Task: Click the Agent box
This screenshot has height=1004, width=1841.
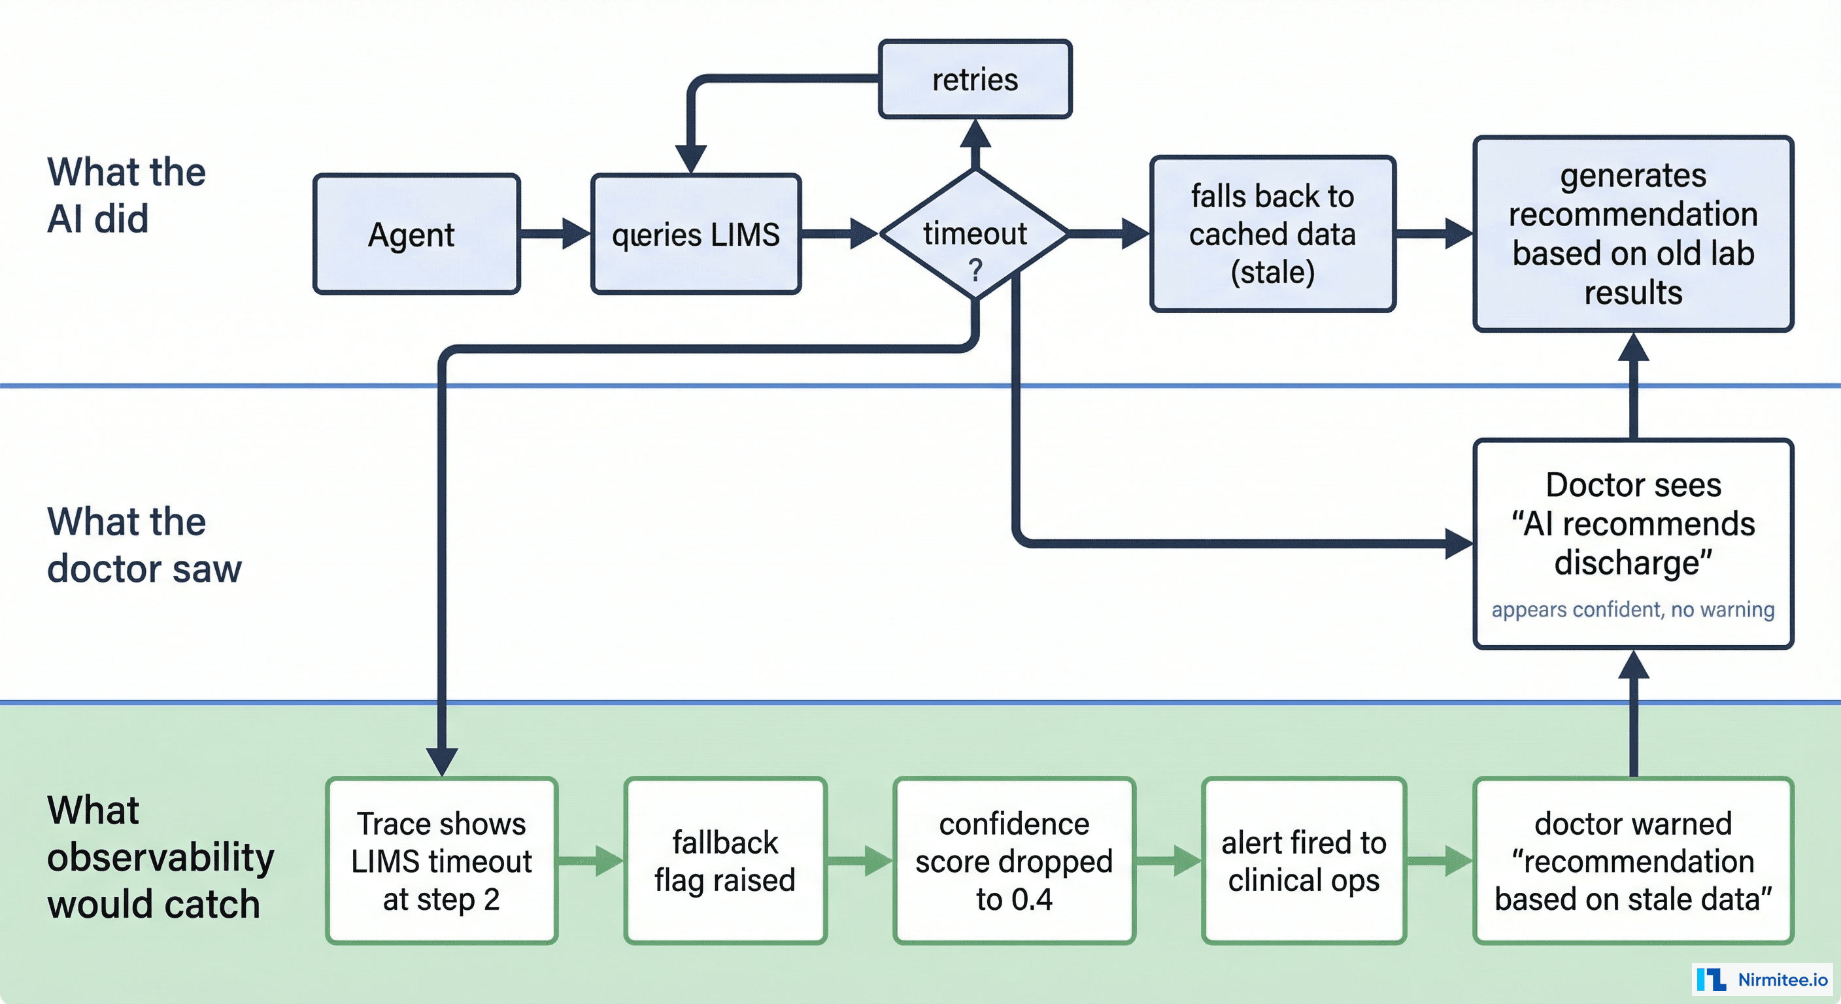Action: [416, 233]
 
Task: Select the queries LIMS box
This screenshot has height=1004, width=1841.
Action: [696, 233]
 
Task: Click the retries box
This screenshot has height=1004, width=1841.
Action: [975, 79]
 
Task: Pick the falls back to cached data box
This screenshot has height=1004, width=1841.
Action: [1272, 233]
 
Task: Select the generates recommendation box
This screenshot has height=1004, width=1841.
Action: [1633, 233]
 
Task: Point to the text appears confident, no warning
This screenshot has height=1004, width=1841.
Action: [1633, 610]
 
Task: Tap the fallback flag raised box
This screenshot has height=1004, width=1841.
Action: [724, 860]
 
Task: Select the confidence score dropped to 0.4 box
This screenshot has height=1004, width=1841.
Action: [1013, 860]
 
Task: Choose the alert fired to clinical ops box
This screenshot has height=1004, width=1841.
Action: [1304, 860]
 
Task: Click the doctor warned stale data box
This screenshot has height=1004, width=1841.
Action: [1633, 860]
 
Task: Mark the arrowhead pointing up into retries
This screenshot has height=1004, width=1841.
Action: [975, 135]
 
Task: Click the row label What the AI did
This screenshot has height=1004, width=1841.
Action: [126, 194]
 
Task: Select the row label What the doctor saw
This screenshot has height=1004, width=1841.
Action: [144, 544]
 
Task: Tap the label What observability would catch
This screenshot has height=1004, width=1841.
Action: [160, 857]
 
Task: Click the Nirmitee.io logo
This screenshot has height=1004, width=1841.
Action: [1763, 979]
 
